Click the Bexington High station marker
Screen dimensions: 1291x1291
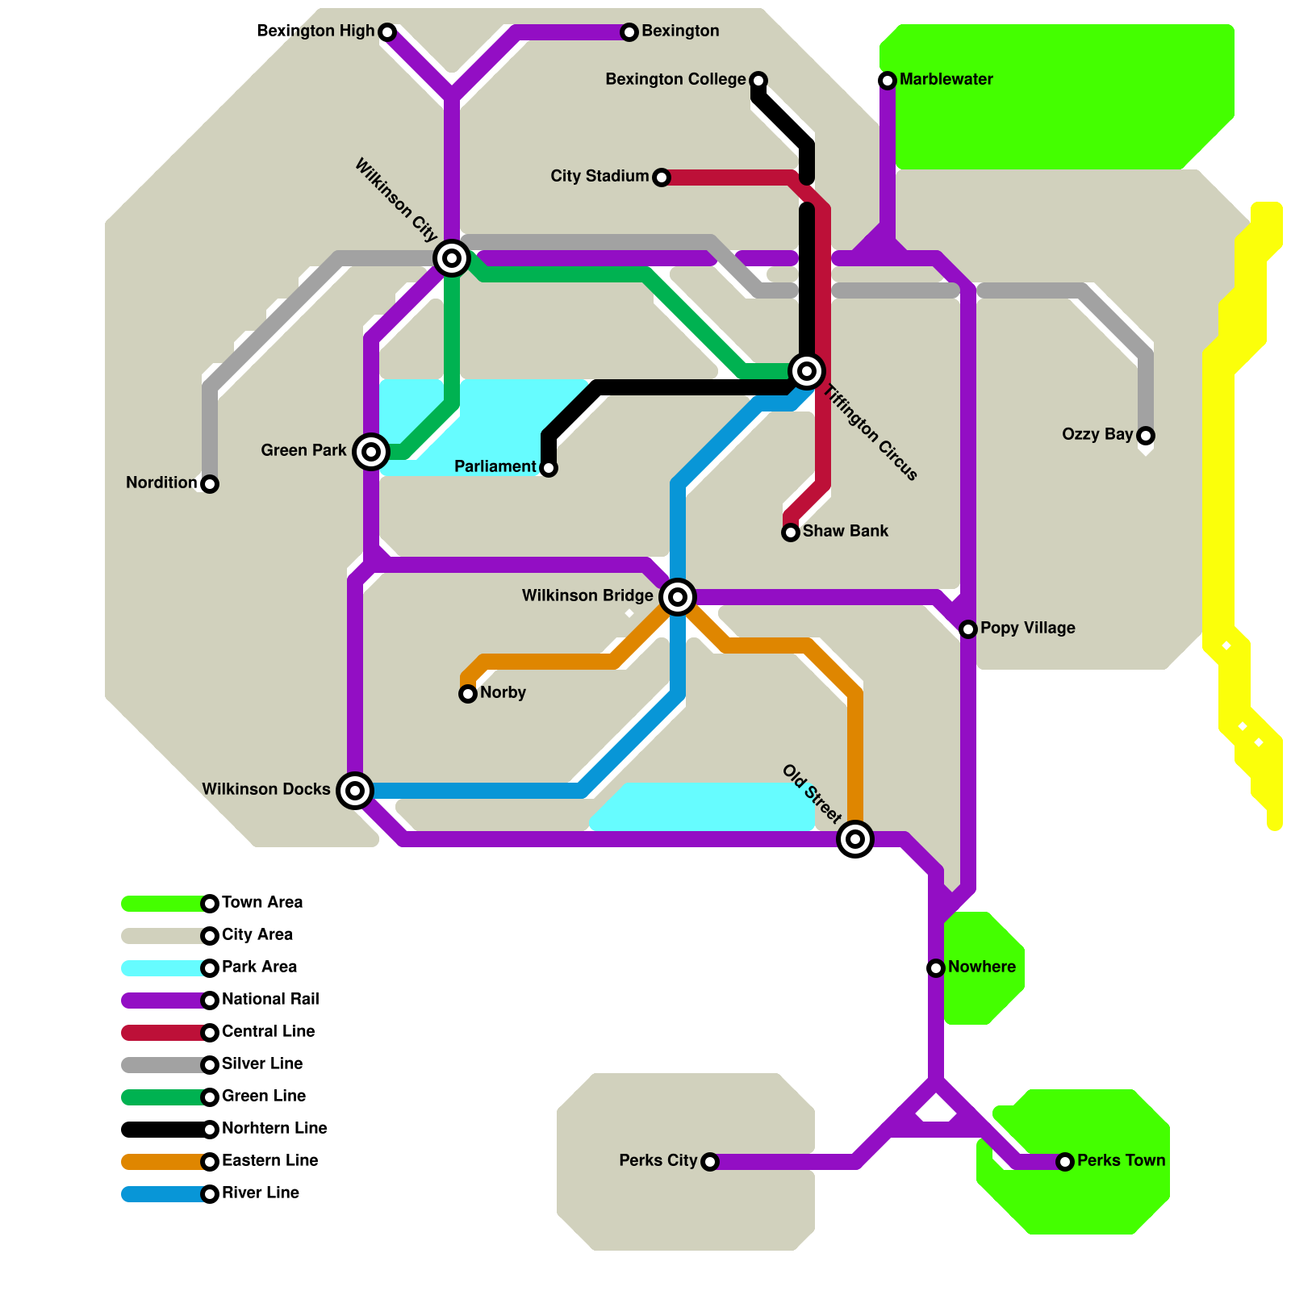(x=387, y=32)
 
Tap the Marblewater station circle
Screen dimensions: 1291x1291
(x=888, y=81)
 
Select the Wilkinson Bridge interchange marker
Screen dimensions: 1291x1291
(x=678, y=597)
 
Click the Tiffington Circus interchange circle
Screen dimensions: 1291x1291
(x=807, y=371)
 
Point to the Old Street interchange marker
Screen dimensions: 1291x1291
(x=855, y=839)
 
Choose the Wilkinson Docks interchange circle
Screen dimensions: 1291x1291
(x=355, y=791)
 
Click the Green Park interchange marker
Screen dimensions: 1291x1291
(x=371, y=452)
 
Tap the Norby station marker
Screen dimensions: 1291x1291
(x=468, y=694)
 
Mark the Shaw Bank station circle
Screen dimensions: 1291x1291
(x=791, y=533)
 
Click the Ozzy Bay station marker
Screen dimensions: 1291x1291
(x=1146, y=436)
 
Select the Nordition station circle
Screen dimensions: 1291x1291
(x=210, y=484)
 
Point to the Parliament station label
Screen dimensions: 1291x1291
(x=495, y=466)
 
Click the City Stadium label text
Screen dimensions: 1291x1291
(x=600, y=176)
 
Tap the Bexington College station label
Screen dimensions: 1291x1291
(x=675, y=79)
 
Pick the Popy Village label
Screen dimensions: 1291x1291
(x=1028, y=628)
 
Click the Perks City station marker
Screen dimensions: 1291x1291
(x=710, y=1162)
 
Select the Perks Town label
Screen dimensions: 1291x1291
(x=1122, y=1160)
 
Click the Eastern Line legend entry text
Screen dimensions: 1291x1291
(x=269, y=1160)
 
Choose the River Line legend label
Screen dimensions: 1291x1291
(x=261, y=1193)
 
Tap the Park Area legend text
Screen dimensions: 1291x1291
(x=259, y=967)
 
